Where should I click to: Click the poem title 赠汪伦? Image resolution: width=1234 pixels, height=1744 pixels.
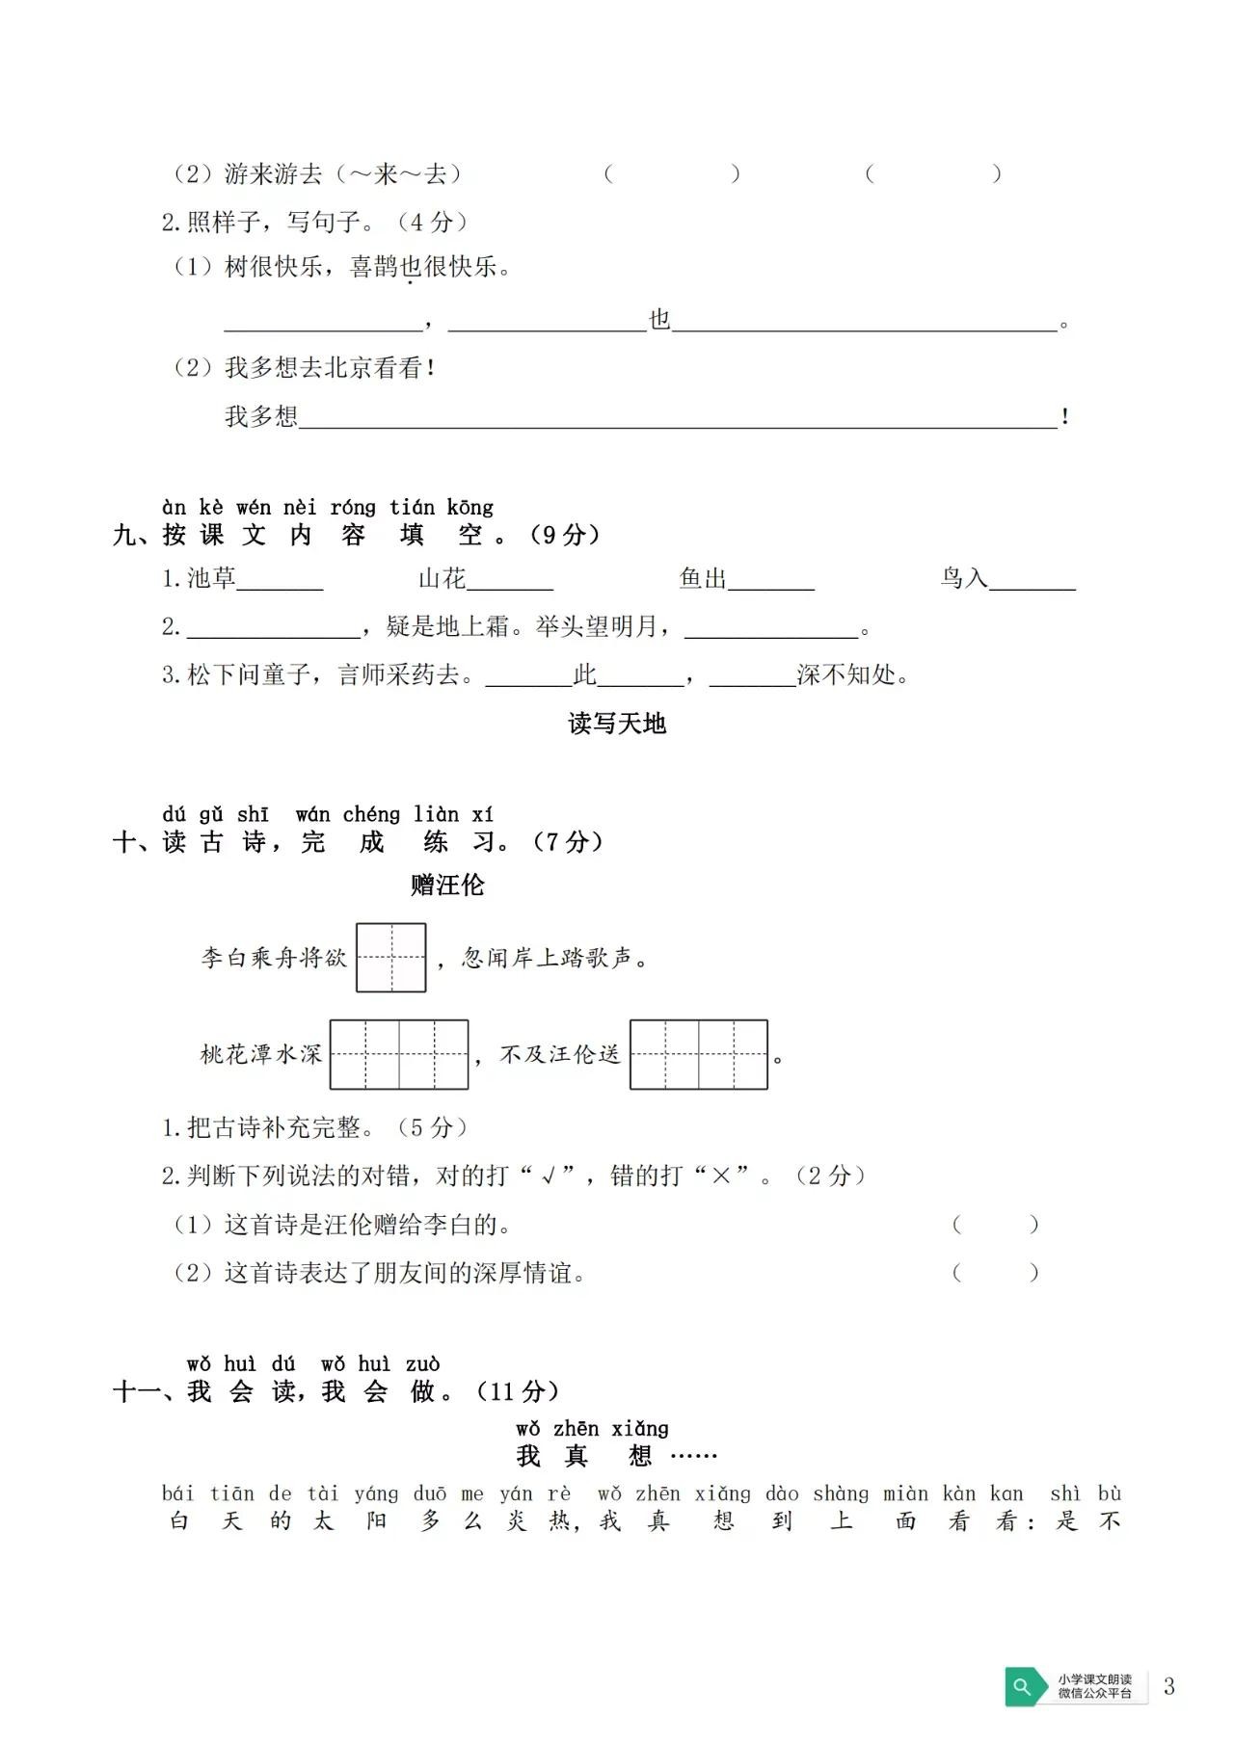pyautogui.click(x=447, y=885)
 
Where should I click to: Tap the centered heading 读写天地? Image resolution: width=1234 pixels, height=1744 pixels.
pyautogui.click(x=617, y=724)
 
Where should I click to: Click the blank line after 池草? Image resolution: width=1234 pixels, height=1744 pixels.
pyautogui.click(x=280, y=580)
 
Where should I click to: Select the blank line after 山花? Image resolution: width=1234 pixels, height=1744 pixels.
pyautogui.click(x=510, y=580)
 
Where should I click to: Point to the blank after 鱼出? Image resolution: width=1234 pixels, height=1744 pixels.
pyautogui.click(x=771, y=580)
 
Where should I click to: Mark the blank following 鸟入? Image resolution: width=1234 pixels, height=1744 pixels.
pyautogui.click(x=1033, y=580)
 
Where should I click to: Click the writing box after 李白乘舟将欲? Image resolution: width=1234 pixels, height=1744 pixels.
pyautogui.click(x=391, y=958)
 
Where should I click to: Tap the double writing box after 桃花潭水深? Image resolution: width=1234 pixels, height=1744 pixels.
pyautogui.click(x=399, y=1055)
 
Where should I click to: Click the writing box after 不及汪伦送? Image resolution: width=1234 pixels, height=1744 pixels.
pyautogui.click(x=699, y=1055)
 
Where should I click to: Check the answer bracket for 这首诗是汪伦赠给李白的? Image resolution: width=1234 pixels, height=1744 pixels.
pyautogui.click(x=995, y=1225)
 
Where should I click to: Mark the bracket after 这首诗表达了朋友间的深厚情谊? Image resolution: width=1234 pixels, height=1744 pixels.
pyautogui.click(x=995, y=1273)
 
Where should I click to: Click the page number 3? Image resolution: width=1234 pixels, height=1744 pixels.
pyautogui.click(x=1169, y=1686)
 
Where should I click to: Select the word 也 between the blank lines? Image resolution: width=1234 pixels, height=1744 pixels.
pyautogui.click(x=659, y=320)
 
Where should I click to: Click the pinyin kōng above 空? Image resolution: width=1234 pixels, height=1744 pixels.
pyautogui.click(x=469, y=507)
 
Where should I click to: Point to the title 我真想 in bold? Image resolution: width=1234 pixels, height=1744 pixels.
pyautogui.click(x=584, y=1455)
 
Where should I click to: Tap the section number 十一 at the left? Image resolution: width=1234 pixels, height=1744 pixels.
pyautogui.click(x=135, y=1391)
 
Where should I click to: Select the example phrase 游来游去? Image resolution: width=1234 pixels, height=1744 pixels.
pyautogui.click(x=273, y=174)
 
